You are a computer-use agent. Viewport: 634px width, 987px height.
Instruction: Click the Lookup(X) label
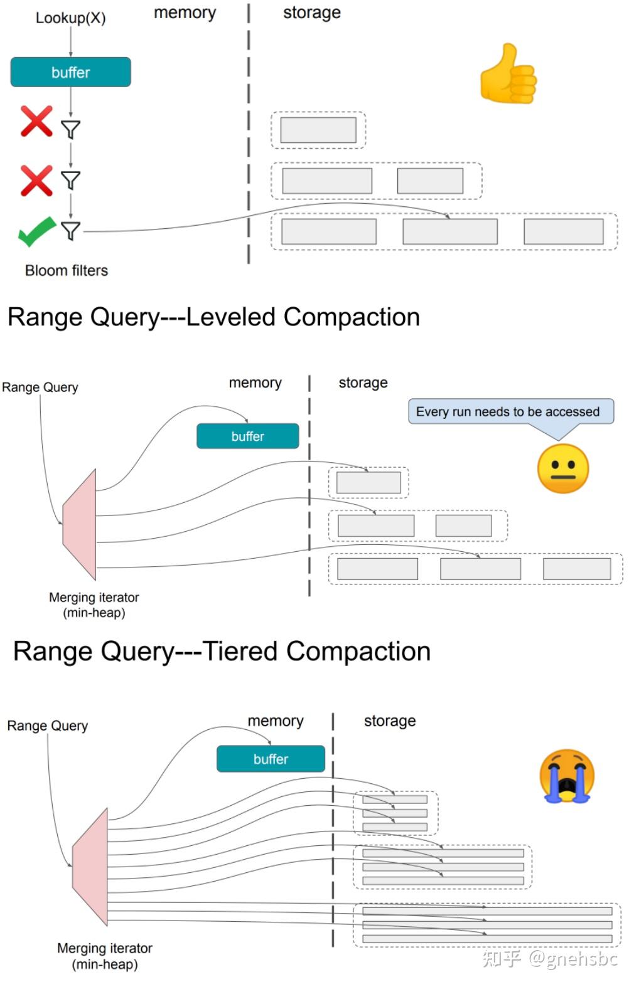tap(70, 18)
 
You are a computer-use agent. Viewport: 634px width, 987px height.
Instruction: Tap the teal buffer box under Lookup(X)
tap(70, 72)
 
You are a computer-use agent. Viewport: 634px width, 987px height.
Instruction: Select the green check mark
tap(36, 231)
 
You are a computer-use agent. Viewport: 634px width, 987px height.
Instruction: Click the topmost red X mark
tap(36, 121)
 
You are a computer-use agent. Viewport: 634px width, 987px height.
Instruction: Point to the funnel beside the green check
tap(70, 231)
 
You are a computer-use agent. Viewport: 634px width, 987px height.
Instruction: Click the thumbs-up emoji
tap(508, 73)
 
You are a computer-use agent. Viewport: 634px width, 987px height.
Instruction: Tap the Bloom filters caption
tap(66, 270)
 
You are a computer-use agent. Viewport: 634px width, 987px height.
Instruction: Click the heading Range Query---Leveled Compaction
tap(213, 317)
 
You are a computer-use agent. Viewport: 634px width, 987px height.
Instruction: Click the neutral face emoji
tap(563, 468)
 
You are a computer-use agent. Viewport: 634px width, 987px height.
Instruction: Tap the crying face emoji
tap(566, 776)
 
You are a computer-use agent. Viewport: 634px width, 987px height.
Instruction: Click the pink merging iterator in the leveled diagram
tap(80, 525)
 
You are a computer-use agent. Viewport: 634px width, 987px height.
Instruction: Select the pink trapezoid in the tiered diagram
tap(90, 867)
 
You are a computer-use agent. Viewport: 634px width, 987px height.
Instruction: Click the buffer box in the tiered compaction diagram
tap(271, 759)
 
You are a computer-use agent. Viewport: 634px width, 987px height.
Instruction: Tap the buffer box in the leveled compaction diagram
tap(247, 436)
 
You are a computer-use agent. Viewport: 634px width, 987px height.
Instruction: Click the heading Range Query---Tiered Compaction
tap(222, 651)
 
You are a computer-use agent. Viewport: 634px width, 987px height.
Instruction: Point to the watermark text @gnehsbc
tap(572, 958)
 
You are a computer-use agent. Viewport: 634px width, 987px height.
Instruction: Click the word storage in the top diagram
tap(311, 13)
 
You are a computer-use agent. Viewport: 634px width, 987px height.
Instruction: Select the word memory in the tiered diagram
tap(275, 720)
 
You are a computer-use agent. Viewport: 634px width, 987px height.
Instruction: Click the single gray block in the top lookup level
tap(318, 130)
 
